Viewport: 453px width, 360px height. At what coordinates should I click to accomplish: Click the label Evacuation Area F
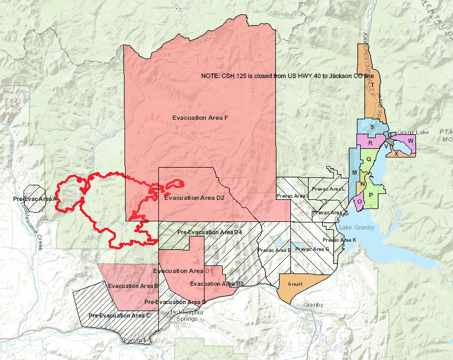197,117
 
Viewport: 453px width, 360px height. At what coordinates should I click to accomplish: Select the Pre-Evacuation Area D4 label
209,232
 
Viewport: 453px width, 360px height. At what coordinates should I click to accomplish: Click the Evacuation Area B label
132,286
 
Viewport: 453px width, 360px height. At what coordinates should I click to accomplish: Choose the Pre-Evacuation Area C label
119,315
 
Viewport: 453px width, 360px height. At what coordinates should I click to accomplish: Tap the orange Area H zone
295,284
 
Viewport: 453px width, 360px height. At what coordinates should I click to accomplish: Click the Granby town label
313,305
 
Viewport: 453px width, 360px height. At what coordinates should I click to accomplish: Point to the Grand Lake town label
412,132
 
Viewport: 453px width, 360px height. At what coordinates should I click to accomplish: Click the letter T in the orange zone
372,84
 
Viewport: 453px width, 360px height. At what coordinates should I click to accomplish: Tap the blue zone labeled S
372,127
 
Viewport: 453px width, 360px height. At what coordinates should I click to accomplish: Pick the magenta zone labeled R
370,143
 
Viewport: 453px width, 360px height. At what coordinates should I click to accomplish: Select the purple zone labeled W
411,140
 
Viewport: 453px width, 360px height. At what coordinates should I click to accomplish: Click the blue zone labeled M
354,172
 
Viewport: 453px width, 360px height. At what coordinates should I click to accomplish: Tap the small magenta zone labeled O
359,201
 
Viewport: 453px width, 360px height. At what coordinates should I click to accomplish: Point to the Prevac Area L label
328,189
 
